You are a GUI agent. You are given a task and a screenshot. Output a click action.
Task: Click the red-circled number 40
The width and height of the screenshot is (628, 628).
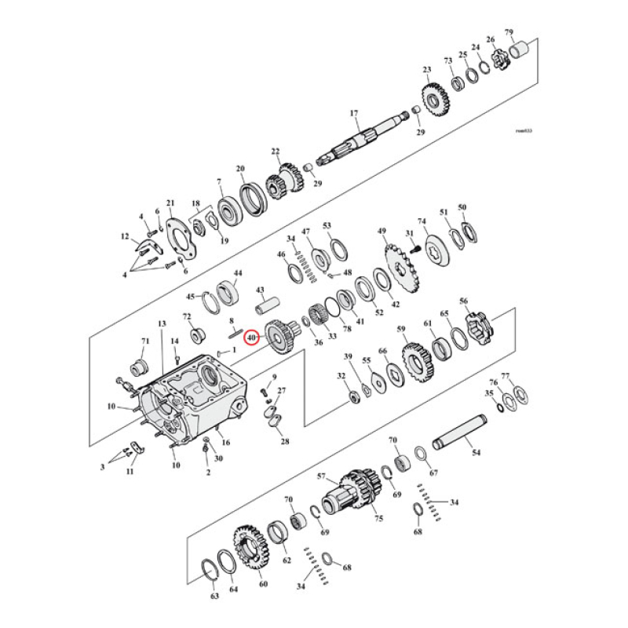[251, 338]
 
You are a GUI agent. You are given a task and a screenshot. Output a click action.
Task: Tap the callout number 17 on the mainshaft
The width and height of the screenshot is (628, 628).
[353, 113]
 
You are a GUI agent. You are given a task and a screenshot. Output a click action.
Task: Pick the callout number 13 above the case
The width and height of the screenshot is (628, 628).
[162, 323]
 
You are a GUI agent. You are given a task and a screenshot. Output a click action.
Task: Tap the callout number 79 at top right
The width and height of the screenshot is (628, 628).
[509, 33]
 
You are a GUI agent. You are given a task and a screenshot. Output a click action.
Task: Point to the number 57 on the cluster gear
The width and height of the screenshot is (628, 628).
[320, 476]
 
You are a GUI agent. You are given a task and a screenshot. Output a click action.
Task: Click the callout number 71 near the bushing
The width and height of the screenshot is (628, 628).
[144, 341]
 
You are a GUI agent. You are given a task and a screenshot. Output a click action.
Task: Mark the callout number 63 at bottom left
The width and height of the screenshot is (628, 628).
[215, 597]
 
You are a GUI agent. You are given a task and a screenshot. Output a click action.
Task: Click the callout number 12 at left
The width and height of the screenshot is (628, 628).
[124, 236]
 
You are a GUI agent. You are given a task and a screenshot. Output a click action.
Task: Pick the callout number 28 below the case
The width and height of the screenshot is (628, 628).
[284, 441]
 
